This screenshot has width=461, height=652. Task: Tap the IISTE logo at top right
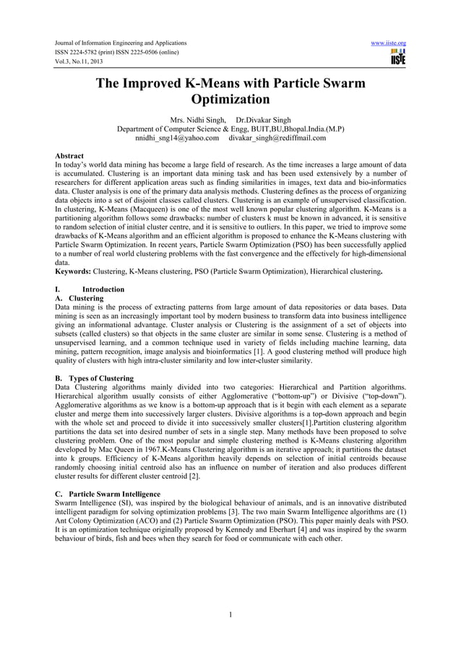coord(397,57)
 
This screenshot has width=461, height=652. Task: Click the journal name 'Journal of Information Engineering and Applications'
coord(115,43)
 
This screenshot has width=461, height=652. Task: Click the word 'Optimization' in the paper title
coord(231,100)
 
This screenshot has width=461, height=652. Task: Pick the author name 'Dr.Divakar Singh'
coord(264,118)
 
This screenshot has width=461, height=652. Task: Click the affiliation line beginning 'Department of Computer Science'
coord(231,128)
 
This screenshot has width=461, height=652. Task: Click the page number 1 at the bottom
coord(230,615)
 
